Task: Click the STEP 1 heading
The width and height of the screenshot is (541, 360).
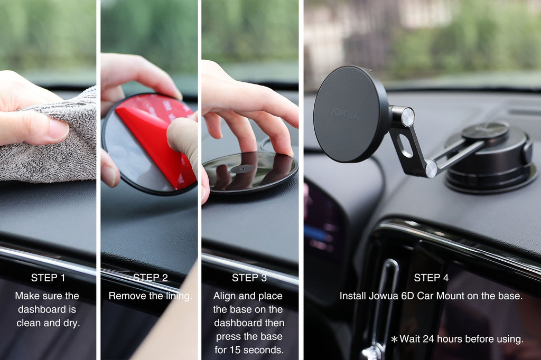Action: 48,278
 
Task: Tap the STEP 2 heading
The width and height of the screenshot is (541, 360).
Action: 150,278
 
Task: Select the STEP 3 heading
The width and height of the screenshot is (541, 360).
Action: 249,278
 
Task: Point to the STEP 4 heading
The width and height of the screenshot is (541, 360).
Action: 431,278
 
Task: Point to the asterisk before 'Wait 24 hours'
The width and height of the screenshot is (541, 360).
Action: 394,339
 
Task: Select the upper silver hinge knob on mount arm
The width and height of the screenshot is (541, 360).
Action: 407,117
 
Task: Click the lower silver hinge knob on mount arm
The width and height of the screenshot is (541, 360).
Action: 431,169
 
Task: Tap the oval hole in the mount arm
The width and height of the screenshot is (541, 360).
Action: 405,146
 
